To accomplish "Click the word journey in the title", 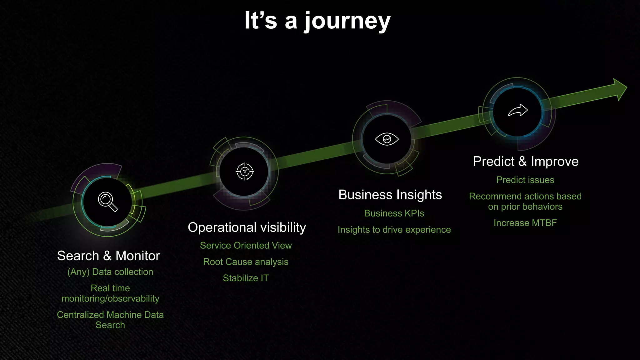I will (x=347, y=21).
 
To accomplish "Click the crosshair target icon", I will (x=245, y=171).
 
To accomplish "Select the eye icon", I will (x=387, y=139).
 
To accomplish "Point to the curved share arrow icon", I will (x=518, y=110).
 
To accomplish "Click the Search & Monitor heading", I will (x=108, y=256).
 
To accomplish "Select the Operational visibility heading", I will (x=247, y=227).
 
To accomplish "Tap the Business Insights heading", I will (x=390, y=195).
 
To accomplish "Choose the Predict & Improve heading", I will (x=526, y=161).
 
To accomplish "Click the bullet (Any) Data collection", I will (x=110, y=272).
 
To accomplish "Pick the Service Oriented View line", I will (x=246, y=245).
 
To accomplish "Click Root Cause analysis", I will (x=246, y=262).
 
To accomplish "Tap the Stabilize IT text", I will (x=246, y=278).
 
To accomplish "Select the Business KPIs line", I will (x=394, y=213).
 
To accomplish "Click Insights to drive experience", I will (x=394, y=230).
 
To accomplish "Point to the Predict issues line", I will (x=525, y=180).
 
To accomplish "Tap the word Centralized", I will (x=80, y=315).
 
